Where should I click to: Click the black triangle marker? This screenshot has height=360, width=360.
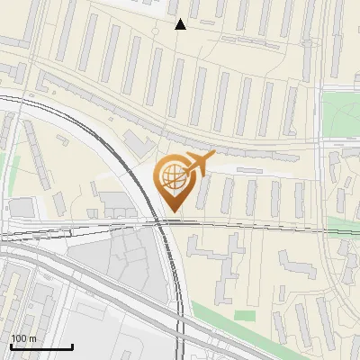pyautogui.click(x=180, y=24)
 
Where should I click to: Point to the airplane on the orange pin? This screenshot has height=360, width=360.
pyautogui.click(x=199, y=163)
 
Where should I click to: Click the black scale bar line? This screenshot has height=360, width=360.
pyautogui.click(x=41, y=346)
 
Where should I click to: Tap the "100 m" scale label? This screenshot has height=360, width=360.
pyautogui.click(x=24, y=337)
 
